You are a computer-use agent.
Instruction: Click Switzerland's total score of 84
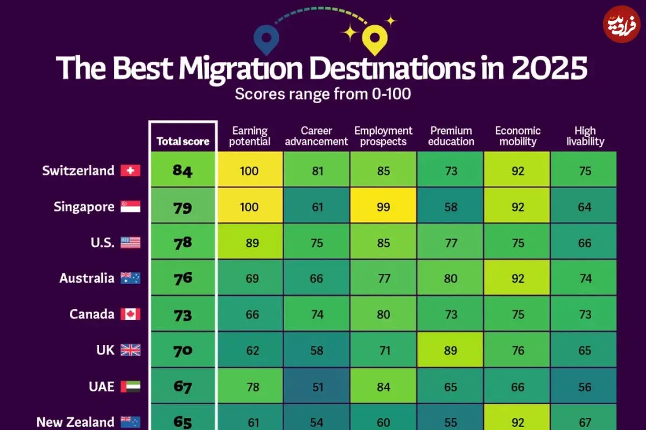tap(182, 170)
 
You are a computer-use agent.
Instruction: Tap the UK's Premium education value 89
tap(451, 350)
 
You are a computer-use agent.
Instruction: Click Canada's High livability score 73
tap(585, 314)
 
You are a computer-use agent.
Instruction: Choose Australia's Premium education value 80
tap(451, 278)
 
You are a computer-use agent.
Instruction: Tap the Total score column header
tap(183, 141)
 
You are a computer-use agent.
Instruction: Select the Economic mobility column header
tap(518, 136)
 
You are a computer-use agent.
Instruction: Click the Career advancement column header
tap(317, 136)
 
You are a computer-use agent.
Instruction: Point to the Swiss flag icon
tap(130, 170)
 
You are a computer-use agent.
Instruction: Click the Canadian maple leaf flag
tap(130, 314)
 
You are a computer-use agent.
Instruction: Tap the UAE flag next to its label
tap(130, 386)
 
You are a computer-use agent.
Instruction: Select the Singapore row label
tap(84, 207)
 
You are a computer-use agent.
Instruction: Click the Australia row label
tap(87, 278)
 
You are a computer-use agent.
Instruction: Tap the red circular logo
tap(622, 24)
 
